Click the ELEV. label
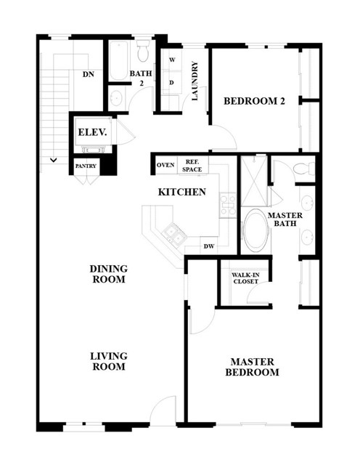coord(92,132)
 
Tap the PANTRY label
coord(86,166)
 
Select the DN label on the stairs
coord(89,74)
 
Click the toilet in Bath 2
coord(144,50)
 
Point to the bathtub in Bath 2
coord(118,61)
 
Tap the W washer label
coord(172,60)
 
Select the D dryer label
coord(171,83)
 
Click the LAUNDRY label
coord(195,81)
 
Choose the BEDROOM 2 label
coord(254,101)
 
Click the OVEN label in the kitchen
coord(165,165)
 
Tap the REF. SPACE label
coord(192,166)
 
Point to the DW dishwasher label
coord(209,246)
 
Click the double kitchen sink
coord(174,233)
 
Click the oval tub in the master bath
coord(255,231)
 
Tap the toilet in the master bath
coord(304,169)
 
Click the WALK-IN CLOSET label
coord(245,278)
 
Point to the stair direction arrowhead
coord(54,160)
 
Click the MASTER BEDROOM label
coord(252,367)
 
